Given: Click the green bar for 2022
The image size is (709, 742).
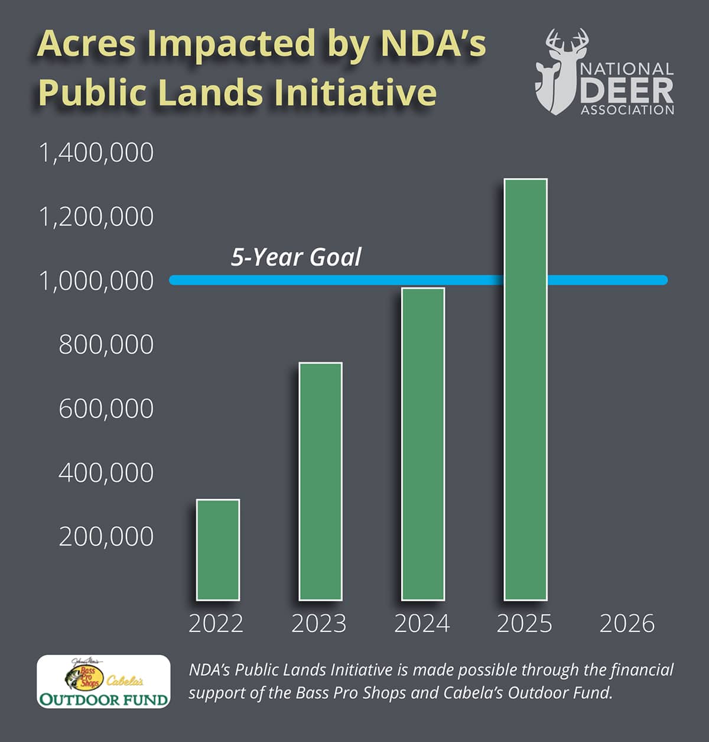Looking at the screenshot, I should (218, 550).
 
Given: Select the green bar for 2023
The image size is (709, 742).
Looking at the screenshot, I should (320, 481).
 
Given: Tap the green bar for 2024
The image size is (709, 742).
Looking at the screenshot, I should (422, 444).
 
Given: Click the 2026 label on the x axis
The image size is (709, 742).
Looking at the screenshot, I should (627, 624).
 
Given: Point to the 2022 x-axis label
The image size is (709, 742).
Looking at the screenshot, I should (216, 624).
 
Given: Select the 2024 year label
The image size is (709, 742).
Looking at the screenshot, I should (422, 624).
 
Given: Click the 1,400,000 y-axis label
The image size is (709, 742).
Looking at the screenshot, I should (96, 153).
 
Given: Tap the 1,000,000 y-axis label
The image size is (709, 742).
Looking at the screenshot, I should (96, 281).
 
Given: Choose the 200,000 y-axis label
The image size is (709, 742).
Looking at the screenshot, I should (106, 537).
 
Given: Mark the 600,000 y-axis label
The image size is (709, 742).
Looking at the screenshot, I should (106, 409).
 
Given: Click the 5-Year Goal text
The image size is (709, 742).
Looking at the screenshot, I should (296, 257).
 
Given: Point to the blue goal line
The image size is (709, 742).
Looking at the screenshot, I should (354, 280).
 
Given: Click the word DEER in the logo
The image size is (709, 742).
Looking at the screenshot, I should (627, 90).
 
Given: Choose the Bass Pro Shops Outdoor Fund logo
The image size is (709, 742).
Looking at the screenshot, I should (103, 682).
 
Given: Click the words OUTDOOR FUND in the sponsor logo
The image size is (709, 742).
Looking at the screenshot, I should (103, 699).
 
